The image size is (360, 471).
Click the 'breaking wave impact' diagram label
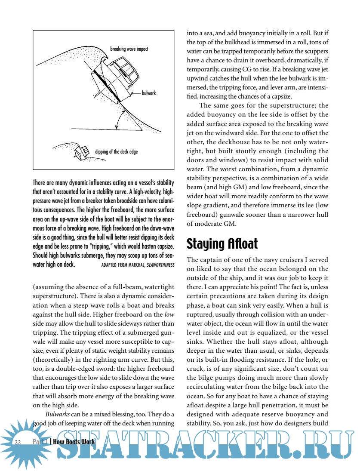tap(129, 49)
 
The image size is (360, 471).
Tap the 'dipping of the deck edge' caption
tap(116, 151)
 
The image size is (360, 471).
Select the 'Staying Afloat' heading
tap(222, 244)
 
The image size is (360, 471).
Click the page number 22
tap(18, 442)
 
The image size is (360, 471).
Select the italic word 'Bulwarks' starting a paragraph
tap(57, 414)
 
